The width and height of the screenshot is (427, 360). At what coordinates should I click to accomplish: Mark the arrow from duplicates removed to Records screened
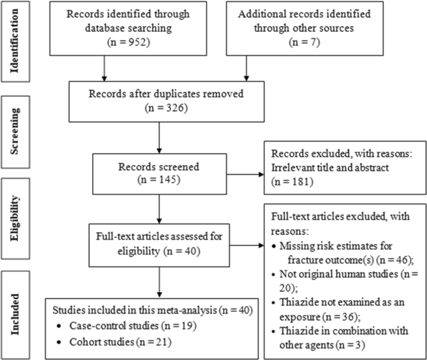[x=160, y=139]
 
